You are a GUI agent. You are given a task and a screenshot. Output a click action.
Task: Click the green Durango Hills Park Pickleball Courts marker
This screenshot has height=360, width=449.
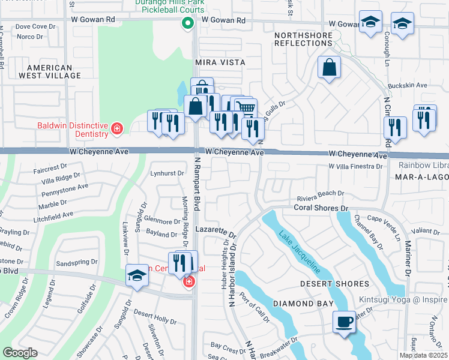pyautogui.click(x=187, y=24)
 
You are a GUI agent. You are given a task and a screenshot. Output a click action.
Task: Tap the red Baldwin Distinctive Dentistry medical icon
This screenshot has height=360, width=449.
pyautogui.click(x=116, y=128)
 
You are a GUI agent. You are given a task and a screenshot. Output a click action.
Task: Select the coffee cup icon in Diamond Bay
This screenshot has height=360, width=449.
pyautogui.click(x=345, y=321)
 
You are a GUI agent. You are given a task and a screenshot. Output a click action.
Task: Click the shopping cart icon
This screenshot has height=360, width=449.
pyautogui.click(x=246, y=107)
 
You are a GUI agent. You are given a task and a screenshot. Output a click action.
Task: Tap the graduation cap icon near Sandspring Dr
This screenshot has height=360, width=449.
pyautogui.click(x=137, y=275)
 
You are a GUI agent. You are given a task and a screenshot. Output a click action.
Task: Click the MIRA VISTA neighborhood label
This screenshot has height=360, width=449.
pyautogui.click(x=220, y=62)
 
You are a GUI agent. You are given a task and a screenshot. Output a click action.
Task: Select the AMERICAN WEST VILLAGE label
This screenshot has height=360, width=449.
pyautogui.click(x=54, y=72)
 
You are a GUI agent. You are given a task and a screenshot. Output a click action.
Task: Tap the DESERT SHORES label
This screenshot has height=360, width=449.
pyautogui.click(x=334, y=284)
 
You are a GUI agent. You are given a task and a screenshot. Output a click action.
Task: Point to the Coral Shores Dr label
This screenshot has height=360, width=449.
pyautogui.click(x=321, y=208)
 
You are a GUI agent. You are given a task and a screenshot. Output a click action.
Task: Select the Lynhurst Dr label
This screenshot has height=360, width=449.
pyautogui.click(x=167, y=173)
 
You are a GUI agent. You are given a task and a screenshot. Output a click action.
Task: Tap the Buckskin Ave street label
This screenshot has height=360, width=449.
pyautogui.click(x=408, y=86)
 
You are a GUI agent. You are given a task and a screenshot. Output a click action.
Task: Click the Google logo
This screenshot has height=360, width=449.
pyautogui.click(x=20, y=353)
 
